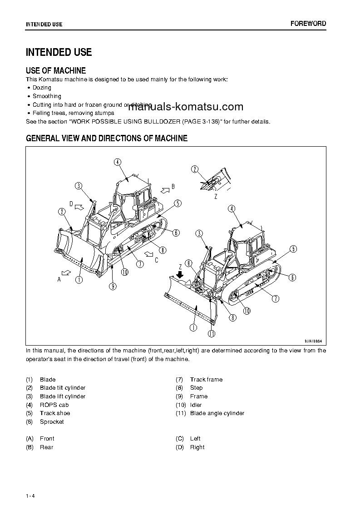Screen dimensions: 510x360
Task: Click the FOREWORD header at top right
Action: click(x=308, y=24)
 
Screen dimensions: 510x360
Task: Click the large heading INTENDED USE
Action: click(x=59, y=52)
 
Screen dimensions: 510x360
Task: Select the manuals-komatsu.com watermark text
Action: click(x=186, y=107)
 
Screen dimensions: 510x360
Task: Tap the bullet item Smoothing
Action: click(x=47, y=96)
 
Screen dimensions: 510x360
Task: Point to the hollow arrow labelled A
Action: click(x=66, y=272)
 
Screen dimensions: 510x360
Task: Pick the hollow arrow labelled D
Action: click(x=79, y=207)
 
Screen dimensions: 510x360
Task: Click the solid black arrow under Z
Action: click(x=180, y=275)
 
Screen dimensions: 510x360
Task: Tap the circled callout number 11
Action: click(x=212, y=334)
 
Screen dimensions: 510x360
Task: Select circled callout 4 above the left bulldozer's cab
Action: click(x=117, y=162)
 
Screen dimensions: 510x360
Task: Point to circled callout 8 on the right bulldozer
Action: click(x=232, y=317)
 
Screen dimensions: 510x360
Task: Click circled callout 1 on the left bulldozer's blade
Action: click(x=79, y=280)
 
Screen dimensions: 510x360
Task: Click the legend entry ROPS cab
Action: click(x=54, y=405)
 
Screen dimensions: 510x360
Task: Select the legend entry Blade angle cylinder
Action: click(x=217, y=413)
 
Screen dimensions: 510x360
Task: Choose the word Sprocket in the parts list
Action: click(x=52, y=422)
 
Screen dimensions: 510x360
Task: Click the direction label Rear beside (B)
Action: click(x=46, y=447)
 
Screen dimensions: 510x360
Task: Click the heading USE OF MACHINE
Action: click(x=56, y=70)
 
